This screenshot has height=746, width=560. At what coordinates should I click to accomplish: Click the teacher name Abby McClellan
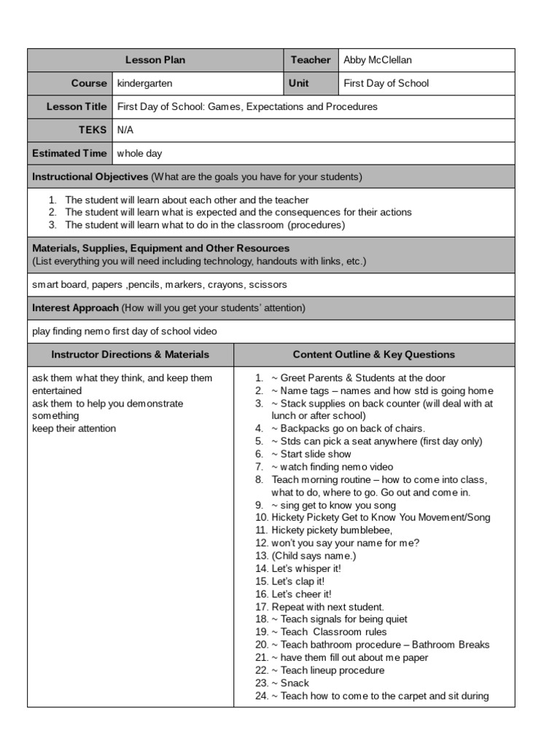coord(378,60)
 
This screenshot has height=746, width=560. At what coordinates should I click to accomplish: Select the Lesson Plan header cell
coord(155,60)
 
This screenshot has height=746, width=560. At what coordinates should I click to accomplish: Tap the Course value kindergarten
coord(144,84)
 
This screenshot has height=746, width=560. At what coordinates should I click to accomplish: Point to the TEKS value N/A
coord(125,130)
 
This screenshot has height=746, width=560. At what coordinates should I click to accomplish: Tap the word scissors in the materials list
coord(267,285)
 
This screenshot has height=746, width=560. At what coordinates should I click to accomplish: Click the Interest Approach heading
coord(75,308)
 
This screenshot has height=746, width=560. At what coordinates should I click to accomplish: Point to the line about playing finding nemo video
coord(124,331)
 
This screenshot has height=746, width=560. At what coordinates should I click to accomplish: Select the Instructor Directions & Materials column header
coord(131,355)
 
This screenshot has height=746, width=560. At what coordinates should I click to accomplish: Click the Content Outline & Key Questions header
coord(373,355)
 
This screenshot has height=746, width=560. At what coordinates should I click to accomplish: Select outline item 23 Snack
coord(290,683)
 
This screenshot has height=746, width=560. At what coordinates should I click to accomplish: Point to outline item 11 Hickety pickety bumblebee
coord(332,530)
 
